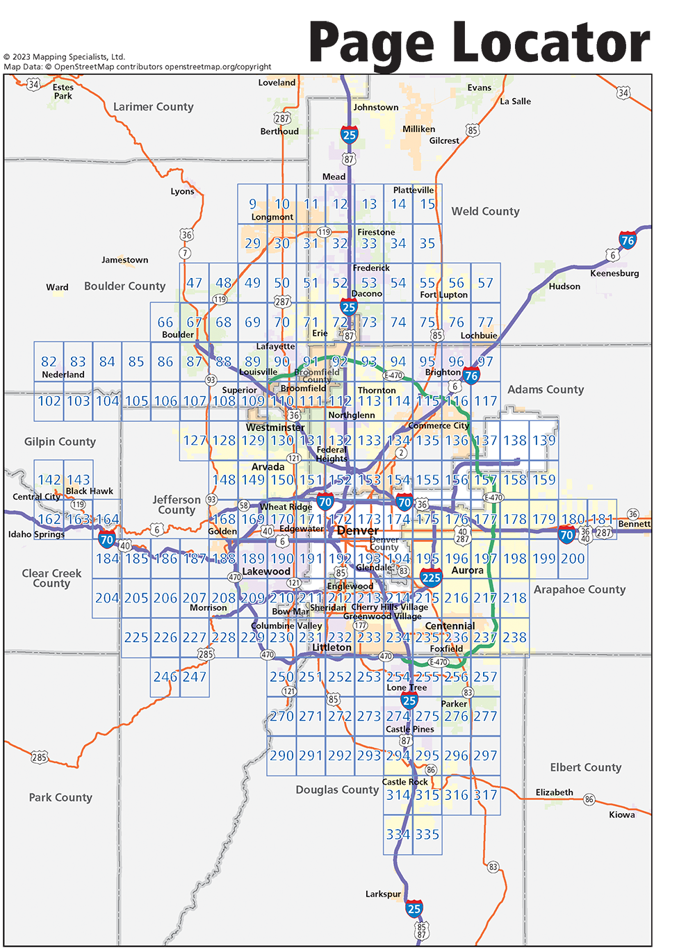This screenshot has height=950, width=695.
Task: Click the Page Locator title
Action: tap(480, 43)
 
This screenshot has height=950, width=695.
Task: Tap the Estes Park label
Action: tap(63, 92)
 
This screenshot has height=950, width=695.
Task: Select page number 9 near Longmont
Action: tap(253, 204)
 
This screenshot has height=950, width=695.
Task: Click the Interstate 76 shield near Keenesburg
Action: tap(628, 241)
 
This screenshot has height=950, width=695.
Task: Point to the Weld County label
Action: tap(485, 211)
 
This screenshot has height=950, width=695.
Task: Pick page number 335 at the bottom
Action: tap(427, 835)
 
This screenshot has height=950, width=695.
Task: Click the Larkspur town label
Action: tap(383, 894)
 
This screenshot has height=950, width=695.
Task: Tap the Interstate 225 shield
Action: tap(431, 578)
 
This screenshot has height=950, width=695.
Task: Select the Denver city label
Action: tap(358, 531)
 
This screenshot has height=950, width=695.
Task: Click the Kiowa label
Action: tap(621, 815)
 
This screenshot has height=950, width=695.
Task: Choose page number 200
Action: tap(573, 559)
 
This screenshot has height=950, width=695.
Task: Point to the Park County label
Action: tap(60, 798)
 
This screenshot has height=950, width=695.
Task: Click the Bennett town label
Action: tap(634, 524)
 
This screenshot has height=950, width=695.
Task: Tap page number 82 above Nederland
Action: tap(49, 362)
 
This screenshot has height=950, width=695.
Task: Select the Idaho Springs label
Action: tap(36, 534)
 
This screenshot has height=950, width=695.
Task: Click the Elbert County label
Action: tap(585, 768)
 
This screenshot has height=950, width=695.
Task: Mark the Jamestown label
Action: tap(124, 260)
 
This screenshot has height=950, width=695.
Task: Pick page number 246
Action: tap(165, 677)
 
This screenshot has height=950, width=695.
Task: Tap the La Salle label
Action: tap(515, 101)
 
